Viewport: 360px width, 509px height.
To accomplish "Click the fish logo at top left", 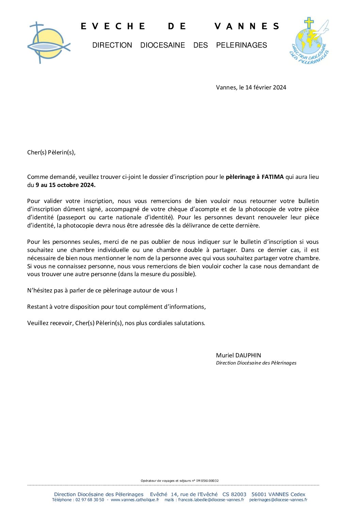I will [48, 43].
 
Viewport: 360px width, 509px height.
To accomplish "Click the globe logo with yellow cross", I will [310, 41].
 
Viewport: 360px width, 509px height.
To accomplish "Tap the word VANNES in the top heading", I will [247, 27].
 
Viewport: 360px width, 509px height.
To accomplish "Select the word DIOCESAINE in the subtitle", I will [163, 45].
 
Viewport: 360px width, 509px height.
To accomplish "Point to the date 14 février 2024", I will [266, 87].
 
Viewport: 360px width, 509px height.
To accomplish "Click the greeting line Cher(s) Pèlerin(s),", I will [51, 152].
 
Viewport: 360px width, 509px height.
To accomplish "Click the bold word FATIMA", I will [272, 177].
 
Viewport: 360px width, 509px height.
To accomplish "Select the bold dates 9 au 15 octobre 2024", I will [66, 185].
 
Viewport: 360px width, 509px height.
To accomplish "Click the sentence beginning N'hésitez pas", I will [102, 290].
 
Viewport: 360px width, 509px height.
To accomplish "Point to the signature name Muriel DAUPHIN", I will [239, 355].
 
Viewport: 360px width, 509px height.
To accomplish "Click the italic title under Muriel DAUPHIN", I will [256, 363].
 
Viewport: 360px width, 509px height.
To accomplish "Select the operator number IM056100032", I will [207, 481].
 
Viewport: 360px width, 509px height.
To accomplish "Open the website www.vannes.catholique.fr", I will [135, 500].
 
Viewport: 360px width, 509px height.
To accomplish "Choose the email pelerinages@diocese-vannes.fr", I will [278, 500].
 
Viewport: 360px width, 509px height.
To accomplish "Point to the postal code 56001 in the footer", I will [259, 494].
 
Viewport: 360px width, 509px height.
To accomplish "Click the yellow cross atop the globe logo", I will [309, 23].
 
